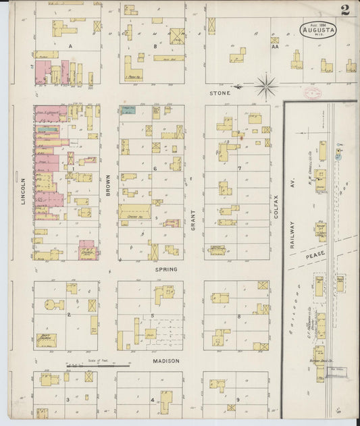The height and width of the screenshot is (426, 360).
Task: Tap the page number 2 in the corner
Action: pos(345,9)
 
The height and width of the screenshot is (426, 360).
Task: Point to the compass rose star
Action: pos(266,86)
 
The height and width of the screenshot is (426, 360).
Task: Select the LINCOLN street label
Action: pos(23,192)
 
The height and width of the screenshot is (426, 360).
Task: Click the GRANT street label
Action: pos(192,221)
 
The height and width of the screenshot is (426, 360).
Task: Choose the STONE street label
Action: pos(220,92)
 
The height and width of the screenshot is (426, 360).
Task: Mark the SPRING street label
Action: pos(166,269)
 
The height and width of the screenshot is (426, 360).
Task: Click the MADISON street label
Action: pos(165,361)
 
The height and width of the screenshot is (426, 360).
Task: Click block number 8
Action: pos(238,316)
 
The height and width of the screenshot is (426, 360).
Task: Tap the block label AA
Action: pos(274,48)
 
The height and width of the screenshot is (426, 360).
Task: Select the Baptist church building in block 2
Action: pos(46,340)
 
